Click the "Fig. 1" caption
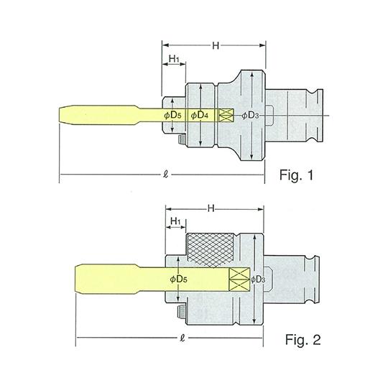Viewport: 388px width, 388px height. [296, 175]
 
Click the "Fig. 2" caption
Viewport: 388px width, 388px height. [303, 339]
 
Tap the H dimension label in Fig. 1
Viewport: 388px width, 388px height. [216, 45]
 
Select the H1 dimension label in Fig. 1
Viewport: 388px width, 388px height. [174, 59]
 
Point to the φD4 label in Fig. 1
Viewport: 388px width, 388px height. [200, 115]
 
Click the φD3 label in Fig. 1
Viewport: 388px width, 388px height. [250, 115]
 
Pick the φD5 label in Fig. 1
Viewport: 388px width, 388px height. [172, 115]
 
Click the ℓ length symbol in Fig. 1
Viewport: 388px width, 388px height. [166, 175]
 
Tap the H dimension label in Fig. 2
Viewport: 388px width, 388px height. [211, 208]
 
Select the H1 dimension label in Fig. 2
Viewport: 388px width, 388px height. [175, 221]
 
